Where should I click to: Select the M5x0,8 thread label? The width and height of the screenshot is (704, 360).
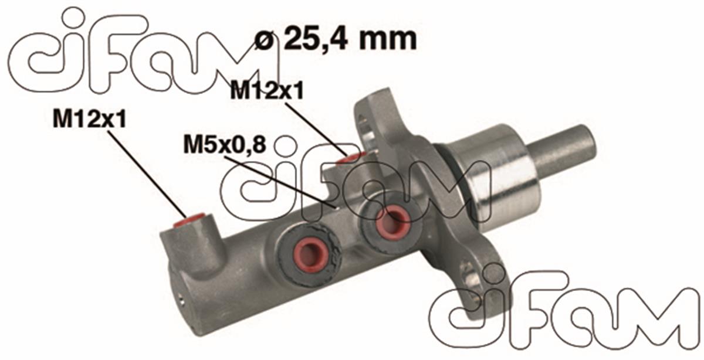coord(221,144)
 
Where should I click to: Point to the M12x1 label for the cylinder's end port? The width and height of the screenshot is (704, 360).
coord(89,119)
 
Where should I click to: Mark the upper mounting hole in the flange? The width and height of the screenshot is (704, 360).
coord(368,126)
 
